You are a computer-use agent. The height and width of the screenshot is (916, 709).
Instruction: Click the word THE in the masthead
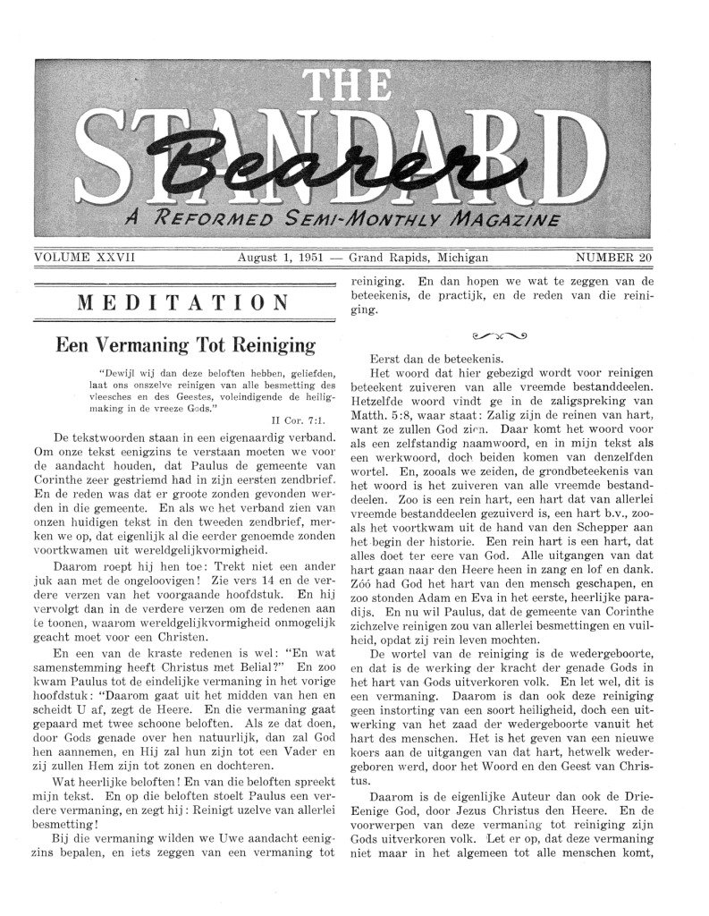[x=354, y=87]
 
